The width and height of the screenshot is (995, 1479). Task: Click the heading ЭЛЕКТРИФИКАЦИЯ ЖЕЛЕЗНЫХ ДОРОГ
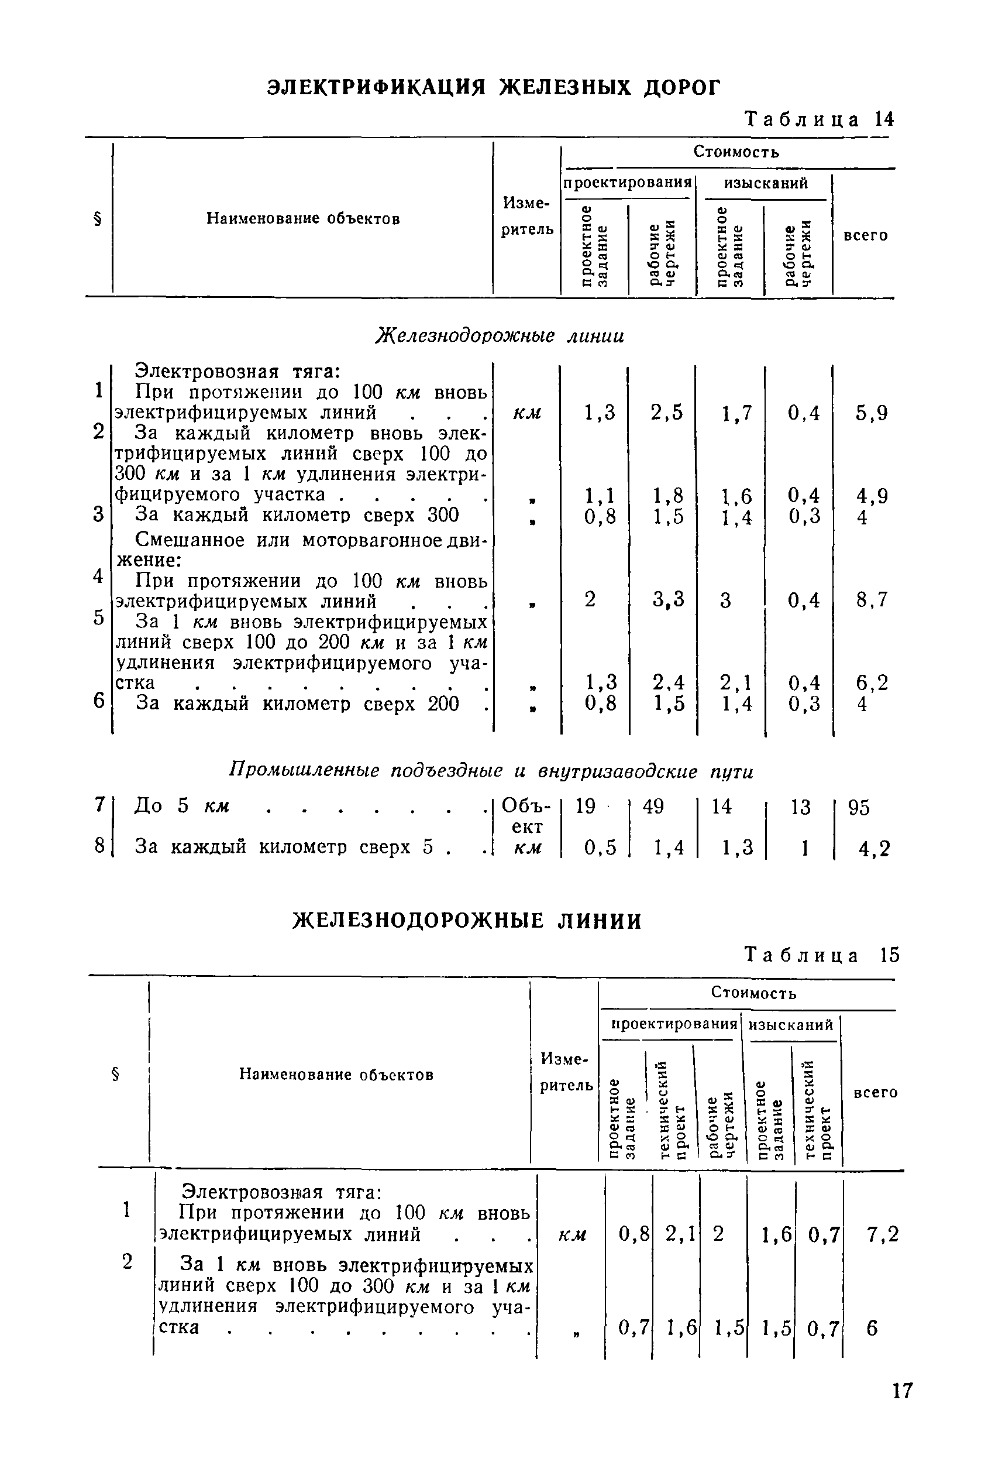[493, 87]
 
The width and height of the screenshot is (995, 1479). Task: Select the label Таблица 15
[822, 955]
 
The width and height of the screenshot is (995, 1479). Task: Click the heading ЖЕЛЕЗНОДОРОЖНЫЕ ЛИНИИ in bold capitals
[467, 921]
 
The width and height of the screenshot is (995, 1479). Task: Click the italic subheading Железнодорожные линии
[500, 335]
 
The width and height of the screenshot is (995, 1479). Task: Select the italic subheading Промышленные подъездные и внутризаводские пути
[491, 771]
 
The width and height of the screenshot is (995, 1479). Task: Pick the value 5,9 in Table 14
[870, 413]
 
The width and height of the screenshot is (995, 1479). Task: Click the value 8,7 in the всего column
[870, 599]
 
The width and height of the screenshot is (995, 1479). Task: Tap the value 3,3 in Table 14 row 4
[668, 599]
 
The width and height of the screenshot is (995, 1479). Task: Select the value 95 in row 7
[859, 808]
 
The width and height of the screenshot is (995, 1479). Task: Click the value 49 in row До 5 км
[653, 807]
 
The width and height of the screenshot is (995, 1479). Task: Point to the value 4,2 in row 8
[874, 849]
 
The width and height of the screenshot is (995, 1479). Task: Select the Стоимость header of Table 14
[735, 152]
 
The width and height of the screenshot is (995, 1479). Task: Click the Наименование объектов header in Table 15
[336, 1074]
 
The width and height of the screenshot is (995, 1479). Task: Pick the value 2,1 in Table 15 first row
[680, 1234]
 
